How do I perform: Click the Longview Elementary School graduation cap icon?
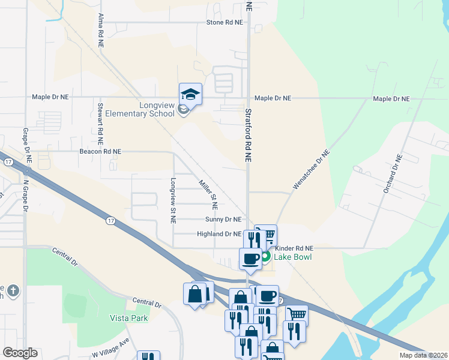[190, 94]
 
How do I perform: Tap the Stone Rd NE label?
[224, 22]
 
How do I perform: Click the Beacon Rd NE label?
[100, 152]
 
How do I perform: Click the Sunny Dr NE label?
[223, 220]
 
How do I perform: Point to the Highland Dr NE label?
[219, 234]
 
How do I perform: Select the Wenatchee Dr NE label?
[311, 170]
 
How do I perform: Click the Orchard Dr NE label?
[391, 174]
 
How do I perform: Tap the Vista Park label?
[128, 318]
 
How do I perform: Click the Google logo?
[20, 353]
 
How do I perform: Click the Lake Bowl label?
[294, 257]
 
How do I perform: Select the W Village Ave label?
[111, 347]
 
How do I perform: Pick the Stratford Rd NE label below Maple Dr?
[247, 135]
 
